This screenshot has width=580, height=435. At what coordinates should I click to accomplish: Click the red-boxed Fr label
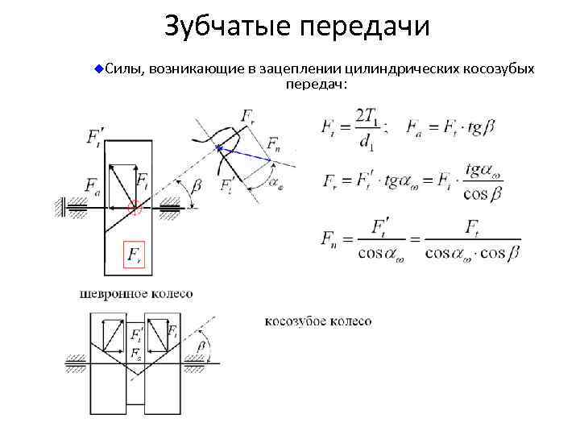click(132, 255)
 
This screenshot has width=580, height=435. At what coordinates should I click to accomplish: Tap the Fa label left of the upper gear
click(93, 185)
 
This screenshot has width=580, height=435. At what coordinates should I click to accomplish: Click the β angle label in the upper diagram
click(197, 186)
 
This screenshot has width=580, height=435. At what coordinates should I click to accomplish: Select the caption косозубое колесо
click(318, 321)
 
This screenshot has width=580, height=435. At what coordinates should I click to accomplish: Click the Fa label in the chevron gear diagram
click(136, 353)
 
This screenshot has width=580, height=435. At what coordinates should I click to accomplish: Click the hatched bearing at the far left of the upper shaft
click(60, 207)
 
